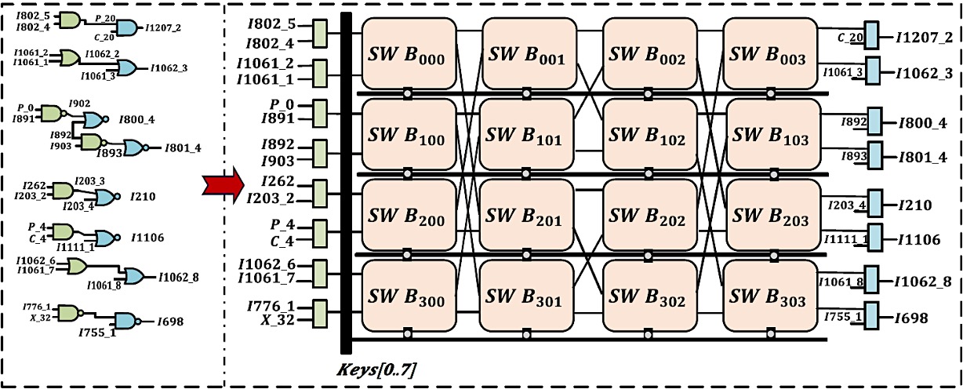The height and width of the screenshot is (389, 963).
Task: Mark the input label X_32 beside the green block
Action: (274, 320)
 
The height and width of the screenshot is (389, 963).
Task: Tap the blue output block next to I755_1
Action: (872, 315)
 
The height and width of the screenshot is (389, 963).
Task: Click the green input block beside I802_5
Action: (320, 33)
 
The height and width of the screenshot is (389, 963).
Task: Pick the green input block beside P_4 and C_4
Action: (320, 231)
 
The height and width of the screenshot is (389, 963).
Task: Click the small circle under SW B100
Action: (407, 172)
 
